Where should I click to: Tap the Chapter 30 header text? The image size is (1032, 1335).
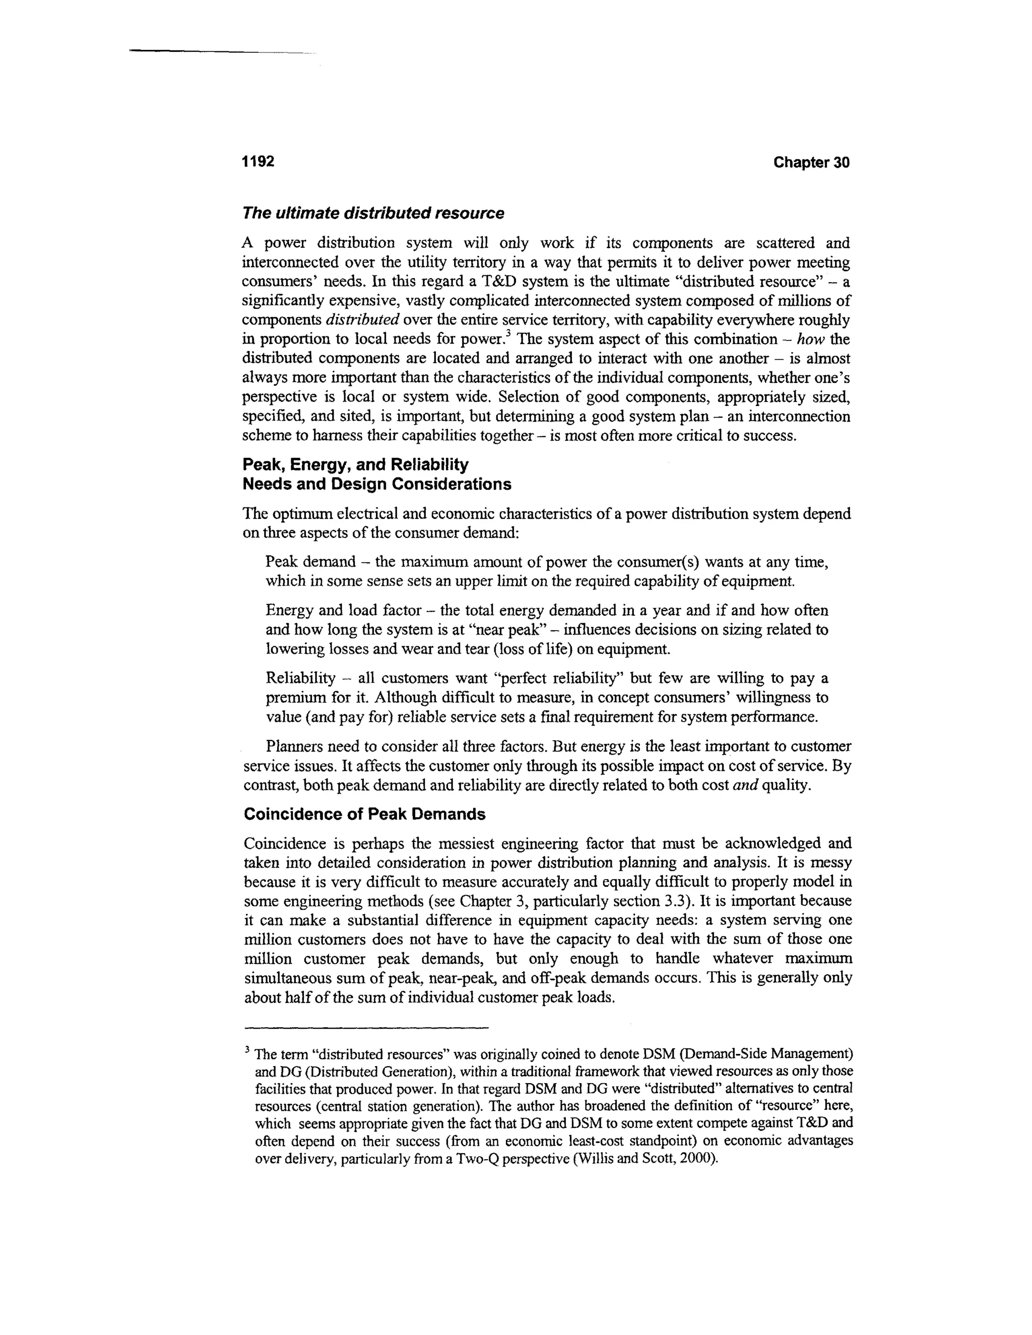click(811, 163)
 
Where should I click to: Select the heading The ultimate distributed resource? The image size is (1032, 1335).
click(373, 213)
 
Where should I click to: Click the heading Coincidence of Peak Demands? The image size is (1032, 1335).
click(364, 814)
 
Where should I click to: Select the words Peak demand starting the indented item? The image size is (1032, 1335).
click(310, 562)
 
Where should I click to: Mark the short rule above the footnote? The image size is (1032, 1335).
click(366, 1027)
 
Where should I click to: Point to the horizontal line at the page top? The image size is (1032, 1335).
click(220, 51)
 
